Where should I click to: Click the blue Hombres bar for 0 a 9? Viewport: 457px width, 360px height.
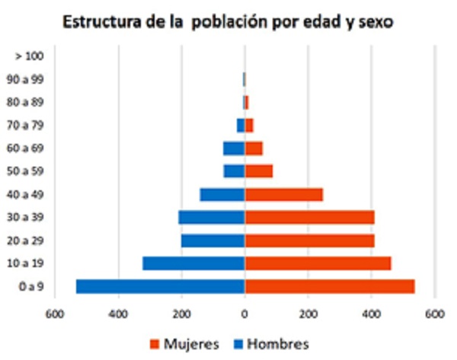(160, 286)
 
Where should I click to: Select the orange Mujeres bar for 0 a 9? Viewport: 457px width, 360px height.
(330, 286)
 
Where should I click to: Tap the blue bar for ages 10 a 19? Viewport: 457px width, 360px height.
(193, 263)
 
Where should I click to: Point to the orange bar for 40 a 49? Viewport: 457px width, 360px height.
(283, 194)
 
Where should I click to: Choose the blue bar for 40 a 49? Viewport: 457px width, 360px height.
(222, 194)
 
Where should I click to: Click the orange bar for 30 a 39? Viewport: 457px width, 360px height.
(309, 218)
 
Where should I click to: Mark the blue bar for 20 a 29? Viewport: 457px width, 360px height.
(213, 241)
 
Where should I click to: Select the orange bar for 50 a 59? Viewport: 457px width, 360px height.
(258, 171)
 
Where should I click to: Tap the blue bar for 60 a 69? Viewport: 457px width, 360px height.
(234, 148)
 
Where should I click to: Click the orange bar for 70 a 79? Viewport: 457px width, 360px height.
(249, 125)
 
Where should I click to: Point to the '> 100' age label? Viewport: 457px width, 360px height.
(30, 56)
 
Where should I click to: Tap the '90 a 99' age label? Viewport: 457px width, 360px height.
(30, 78)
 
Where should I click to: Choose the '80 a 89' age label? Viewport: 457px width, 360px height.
(30, 102)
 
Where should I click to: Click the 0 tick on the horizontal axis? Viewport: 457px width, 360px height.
(244, 314)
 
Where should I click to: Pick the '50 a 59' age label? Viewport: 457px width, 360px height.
(30, 171)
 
